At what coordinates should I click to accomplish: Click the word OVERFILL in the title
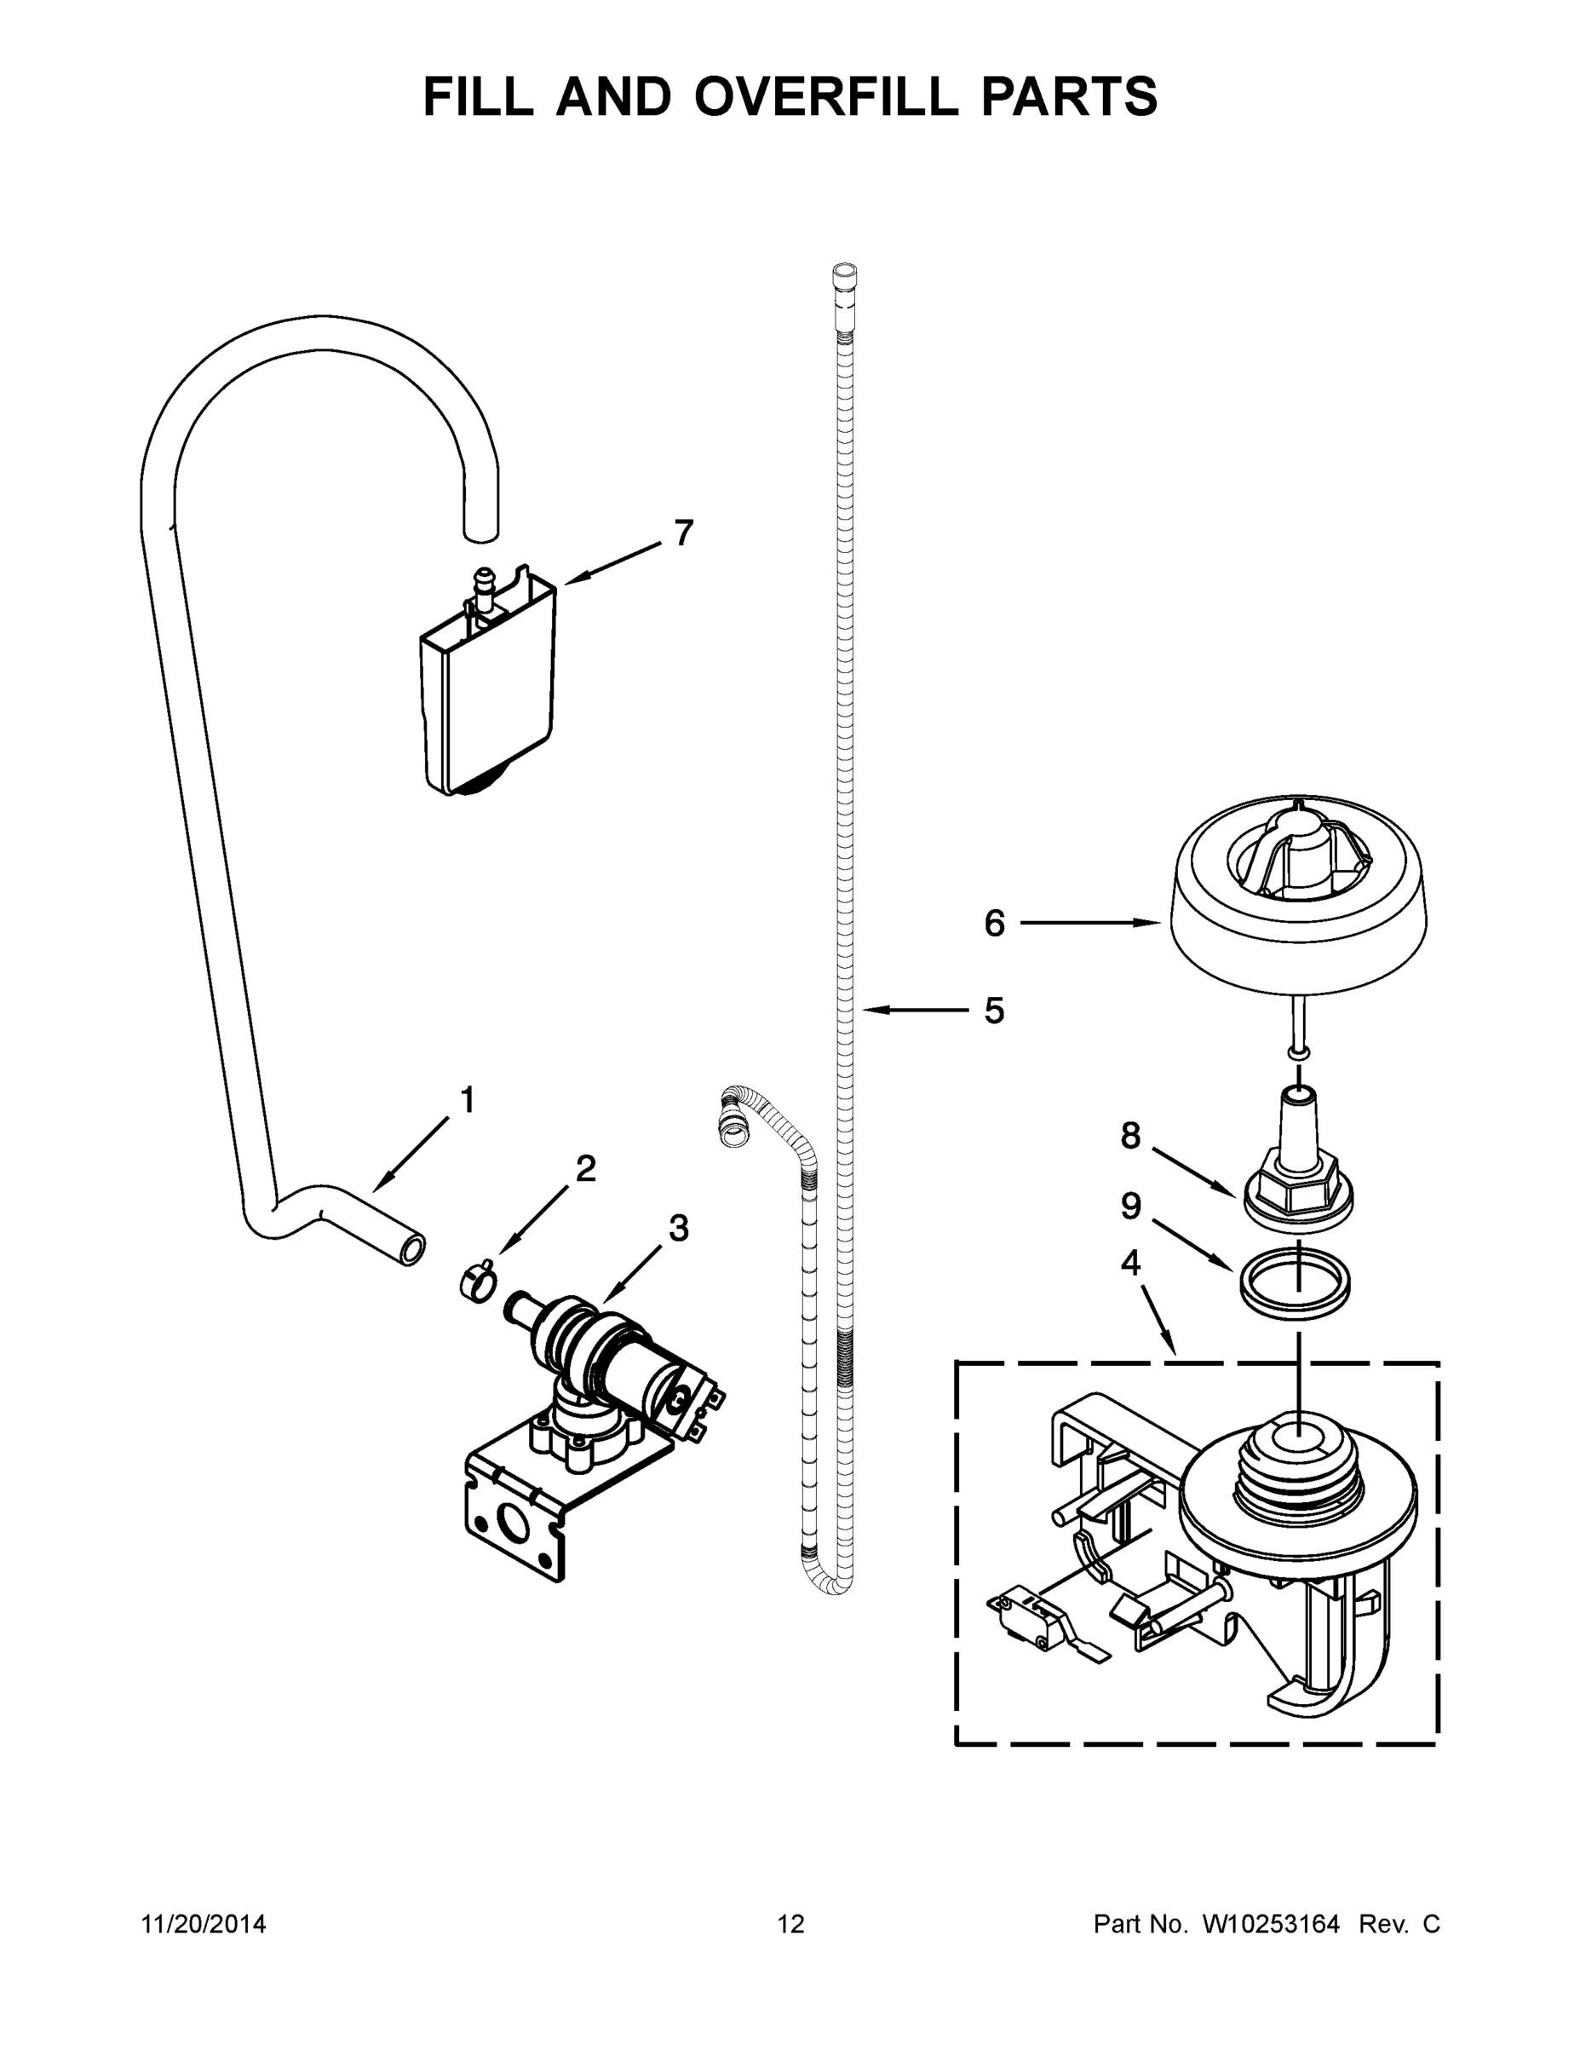pos(825,96)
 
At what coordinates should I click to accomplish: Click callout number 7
pos(684,533)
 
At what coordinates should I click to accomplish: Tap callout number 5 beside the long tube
pos(993,1011)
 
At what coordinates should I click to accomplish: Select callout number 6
pos(994,924)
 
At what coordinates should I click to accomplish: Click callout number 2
pos(586,1167)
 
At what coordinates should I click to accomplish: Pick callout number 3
pos(679,1228)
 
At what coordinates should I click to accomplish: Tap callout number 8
pos(1131,1136)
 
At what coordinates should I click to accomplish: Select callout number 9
pos(1131,1206)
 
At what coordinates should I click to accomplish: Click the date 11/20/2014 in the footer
pos(203,1924)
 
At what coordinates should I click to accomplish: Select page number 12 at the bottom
pos(791,1924)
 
